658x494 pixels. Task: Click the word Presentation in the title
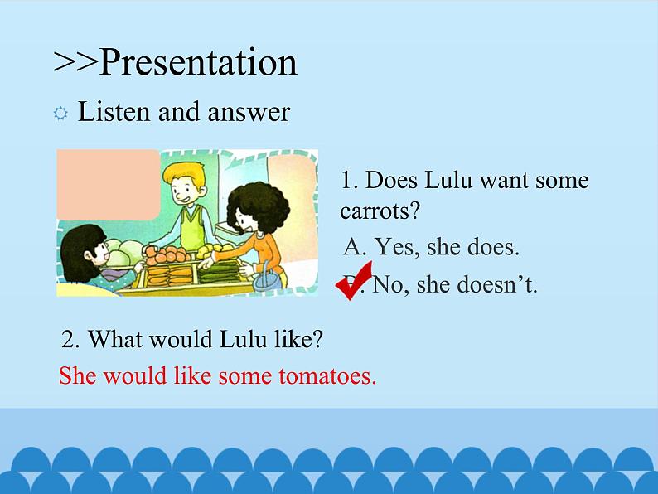[199, 62]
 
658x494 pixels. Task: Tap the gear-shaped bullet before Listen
[60, 114]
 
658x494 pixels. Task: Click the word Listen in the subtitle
[114, 112]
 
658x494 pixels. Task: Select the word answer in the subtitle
[249, 112]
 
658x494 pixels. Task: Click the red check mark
[354, 280]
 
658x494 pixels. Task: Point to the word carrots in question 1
[380, 211]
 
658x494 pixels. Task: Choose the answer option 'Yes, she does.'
[432, 247]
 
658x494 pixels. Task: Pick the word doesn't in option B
[497, 284]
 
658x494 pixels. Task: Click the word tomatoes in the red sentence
[327, 375]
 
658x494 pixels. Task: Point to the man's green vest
[194, 228]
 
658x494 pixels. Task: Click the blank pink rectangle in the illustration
[109, 184]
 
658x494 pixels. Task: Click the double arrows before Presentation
[76, 63]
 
